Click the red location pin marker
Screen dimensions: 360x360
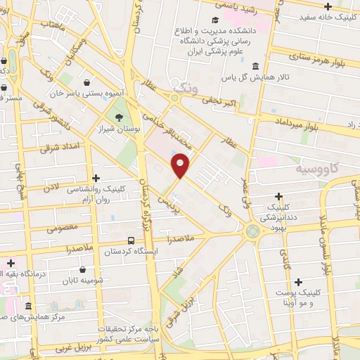click(181, 166)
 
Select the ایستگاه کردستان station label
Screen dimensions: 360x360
click(131, 251)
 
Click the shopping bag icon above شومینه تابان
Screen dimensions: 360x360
click(83, 269)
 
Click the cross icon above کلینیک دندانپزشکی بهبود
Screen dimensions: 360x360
click(280, 196)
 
